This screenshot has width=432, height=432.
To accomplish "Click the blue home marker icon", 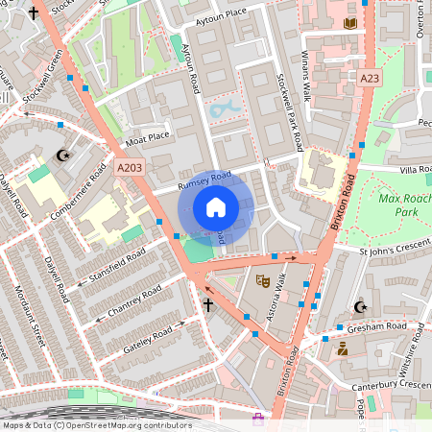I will (216, 207).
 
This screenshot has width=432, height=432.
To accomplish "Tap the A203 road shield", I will (130, 167).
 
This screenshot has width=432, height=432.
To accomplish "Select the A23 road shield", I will (370, 77).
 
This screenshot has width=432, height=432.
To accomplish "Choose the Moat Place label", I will (148, 136).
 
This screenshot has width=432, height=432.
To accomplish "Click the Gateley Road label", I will (139, 338).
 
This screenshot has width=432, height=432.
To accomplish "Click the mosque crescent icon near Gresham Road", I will (361, 307).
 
